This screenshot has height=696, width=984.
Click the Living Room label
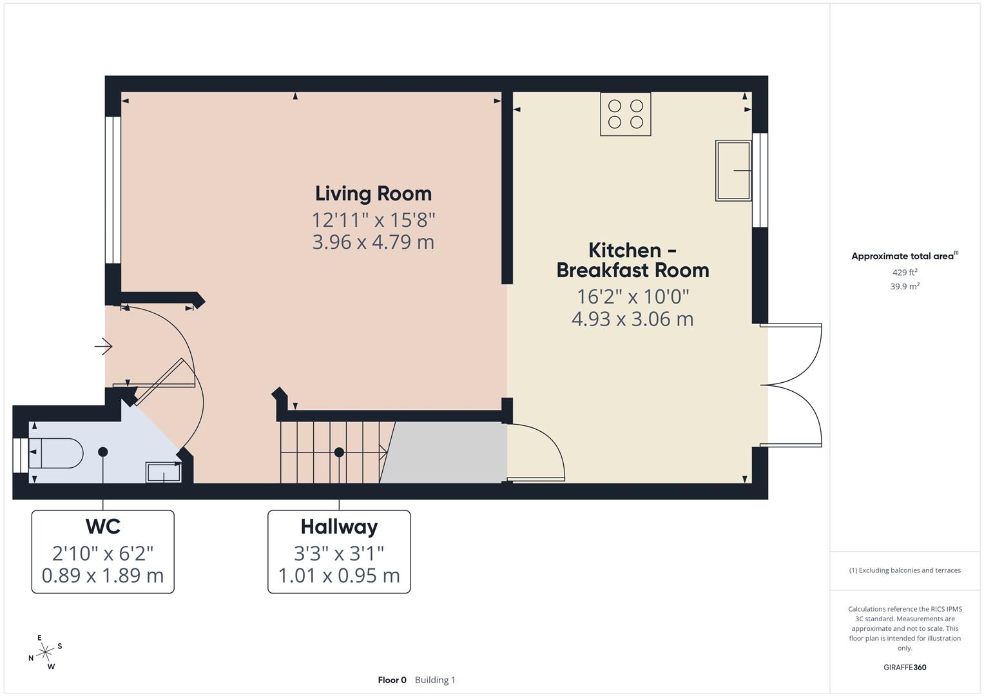(373, 193)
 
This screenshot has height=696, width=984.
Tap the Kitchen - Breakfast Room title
(632, 260)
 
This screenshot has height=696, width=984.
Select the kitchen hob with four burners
(625, 114)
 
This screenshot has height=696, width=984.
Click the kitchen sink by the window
(733, 171)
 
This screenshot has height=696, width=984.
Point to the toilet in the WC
(56, 453)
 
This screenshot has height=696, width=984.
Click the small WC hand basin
(164, 472)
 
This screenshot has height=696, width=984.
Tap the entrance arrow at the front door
(103, 347)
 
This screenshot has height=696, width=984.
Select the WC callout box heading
(103, 527)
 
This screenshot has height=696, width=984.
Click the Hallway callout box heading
(339, 527)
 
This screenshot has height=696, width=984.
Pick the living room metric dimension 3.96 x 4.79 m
(373, 242)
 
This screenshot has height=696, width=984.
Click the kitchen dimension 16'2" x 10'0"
(632, 296)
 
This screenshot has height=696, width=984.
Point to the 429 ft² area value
(905, 273)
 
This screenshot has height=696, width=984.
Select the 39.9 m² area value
(905, 287)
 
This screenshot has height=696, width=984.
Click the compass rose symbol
(45, 652)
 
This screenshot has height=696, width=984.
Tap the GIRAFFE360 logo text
(905, 667)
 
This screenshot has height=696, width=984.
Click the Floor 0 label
(392, 680)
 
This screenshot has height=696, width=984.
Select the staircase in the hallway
(332, 452)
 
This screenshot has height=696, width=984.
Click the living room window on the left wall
(113, 189)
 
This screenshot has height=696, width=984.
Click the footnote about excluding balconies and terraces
(905, 570)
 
